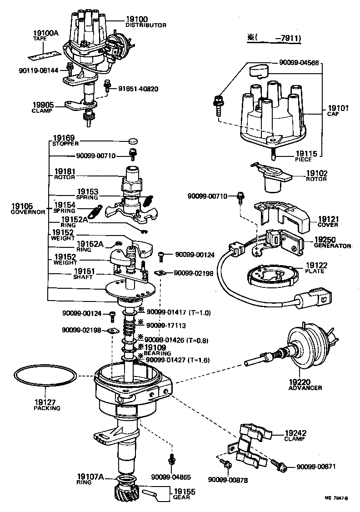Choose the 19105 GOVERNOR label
click(28, 209)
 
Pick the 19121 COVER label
click(328, 221)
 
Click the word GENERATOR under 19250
click(333, 246)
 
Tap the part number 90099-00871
click(321, 467)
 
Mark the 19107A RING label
click(90, 479)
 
